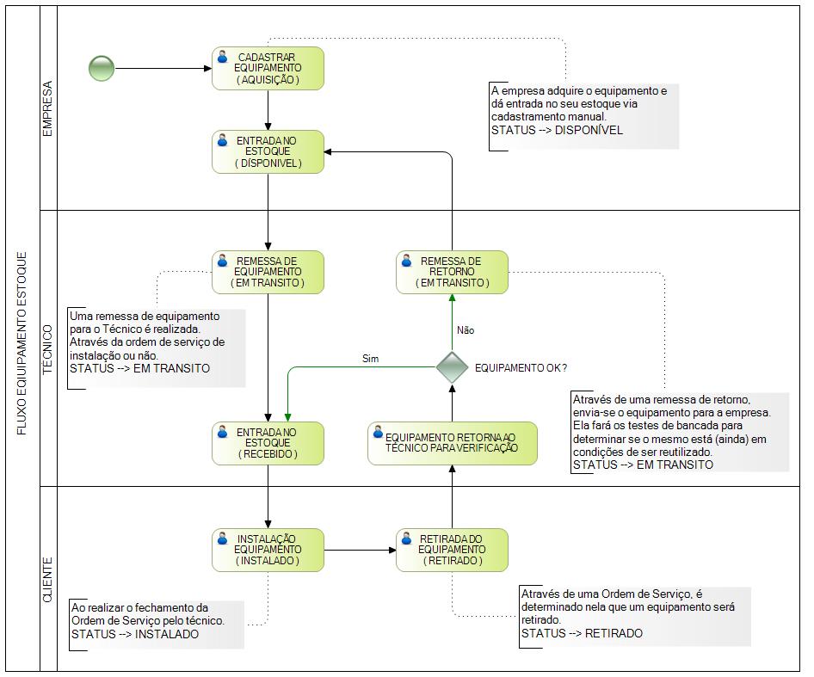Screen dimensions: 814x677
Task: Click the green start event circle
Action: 102,68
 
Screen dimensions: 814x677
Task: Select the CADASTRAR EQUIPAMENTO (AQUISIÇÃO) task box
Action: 268,69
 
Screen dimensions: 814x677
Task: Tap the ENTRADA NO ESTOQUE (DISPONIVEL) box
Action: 268,151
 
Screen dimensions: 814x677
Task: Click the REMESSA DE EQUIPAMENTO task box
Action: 268,272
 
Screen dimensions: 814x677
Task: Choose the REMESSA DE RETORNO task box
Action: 452,272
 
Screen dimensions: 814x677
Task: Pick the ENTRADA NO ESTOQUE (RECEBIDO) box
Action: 268,443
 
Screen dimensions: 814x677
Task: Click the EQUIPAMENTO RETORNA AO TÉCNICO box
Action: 452,443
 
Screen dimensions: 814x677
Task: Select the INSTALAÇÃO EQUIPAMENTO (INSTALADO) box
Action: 268,550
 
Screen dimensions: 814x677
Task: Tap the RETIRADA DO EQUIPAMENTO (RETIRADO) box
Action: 452,550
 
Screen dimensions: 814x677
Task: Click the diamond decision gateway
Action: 452,367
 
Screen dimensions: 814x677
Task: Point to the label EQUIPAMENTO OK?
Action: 521,368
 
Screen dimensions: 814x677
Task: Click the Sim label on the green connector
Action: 370,359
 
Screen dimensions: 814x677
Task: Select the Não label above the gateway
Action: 466,330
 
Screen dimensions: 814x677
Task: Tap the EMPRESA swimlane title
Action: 47,108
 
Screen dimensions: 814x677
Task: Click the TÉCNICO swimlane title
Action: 47,349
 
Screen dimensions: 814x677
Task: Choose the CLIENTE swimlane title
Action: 47,580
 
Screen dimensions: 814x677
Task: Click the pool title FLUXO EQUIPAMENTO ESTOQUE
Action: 22,343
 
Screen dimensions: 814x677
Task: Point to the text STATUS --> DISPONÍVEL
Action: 557,130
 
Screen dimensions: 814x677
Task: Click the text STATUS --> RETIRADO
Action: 582,633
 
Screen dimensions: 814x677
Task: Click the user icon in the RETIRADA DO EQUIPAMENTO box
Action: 406,538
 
